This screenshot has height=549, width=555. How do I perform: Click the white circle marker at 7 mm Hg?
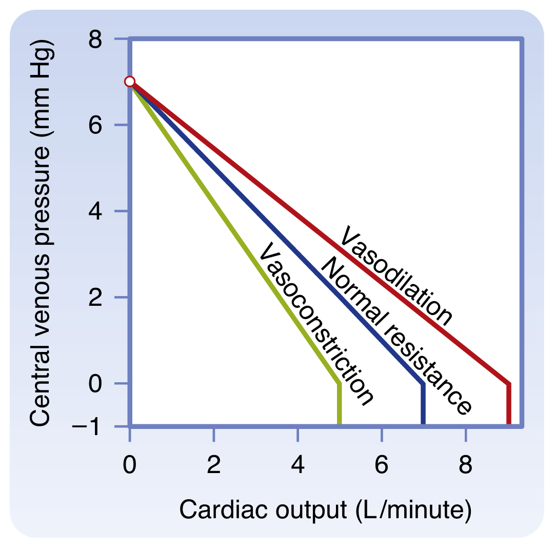[130, 82]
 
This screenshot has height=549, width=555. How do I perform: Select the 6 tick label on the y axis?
[95, 125]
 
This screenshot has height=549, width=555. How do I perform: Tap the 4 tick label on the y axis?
[95, 211]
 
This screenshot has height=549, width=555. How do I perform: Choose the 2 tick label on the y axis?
[95, 298]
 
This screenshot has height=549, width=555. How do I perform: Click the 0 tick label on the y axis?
[95, 383]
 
